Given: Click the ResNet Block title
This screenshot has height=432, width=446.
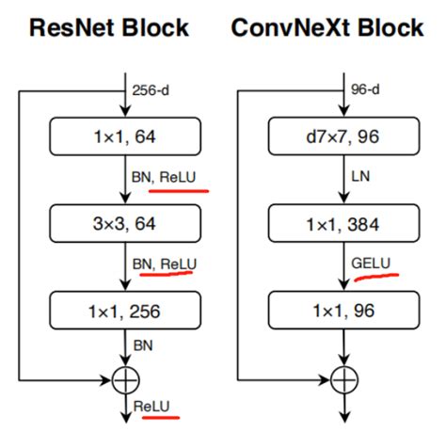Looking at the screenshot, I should coord(110,27).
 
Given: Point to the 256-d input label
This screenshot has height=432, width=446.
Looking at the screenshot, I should coord(152,93).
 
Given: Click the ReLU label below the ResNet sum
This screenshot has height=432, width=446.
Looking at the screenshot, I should coord(153,405).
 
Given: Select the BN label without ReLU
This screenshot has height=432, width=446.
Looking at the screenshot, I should coord(143,347).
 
